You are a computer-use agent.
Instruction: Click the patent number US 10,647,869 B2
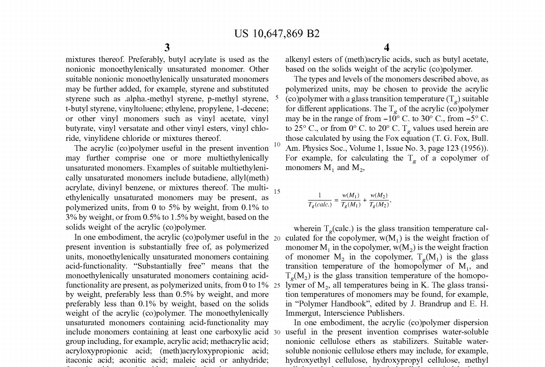[277, 33]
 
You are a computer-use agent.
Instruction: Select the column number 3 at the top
[167, 48]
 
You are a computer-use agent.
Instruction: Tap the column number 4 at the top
[386, 48]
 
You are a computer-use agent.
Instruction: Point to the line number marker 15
[277, 192]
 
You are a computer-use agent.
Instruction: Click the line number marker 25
[277, 285]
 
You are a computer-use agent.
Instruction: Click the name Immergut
[304, 313]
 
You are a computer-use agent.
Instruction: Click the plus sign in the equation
[364, 200]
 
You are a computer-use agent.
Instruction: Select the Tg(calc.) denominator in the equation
[320, 204]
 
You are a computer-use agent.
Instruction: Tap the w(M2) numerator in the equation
[379, 196]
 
